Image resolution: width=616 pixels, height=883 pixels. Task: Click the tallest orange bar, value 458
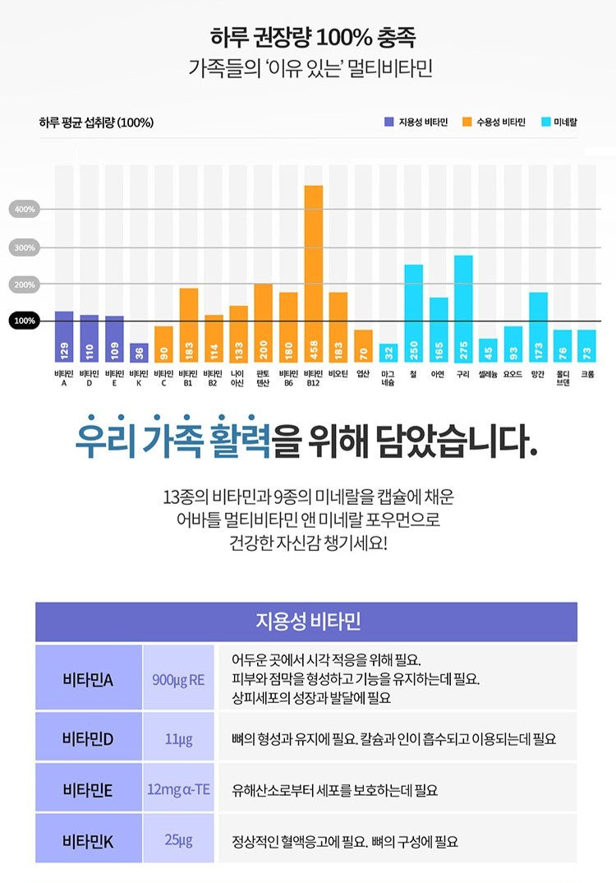click(313, 274)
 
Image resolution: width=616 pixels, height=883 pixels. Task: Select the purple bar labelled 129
click(64, 337)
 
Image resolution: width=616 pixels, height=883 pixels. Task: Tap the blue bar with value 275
click(463, 308)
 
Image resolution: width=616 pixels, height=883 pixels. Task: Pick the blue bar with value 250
click(413, 313)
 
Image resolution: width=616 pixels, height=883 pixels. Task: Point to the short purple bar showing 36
click(139, 353)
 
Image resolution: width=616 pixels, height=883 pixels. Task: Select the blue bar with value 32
click(388, 354)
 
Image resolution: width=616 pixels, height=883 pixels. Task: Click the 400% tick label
click(25, 210)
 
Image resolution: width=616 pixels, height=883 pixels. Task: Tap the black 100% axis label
click(25, 321)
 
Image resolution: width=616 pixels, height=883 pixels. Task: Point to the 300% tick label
click(25, 247)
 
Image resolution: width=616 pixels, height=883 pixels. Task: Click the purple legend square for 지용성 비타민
click(388, 123)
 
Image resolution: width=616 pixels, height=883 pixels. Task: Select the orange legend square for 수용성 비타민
click(467, 123)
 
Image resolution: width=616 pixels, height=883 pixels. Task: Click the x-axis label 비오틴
click(338, 373)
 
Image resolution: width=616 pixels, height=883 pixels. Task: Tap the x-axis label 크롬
click(587, 373)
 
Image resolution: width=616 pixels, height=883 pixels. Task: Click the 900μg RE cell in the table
click(178, 679)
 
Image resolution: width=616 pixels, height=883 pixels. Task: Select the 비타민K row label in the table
click(88, 839)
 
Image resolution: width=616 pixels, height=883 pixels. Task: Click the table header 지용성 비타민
click(306, 622)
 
